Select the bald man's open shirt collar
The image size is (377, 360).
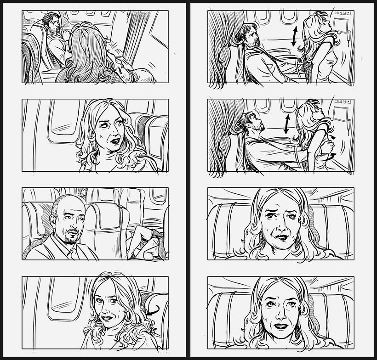tap(69, 251)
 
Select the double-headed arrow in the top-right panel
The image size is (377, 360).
tap(294, 36)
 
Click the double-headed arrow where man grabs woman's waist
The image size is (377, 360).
tap(287, 124)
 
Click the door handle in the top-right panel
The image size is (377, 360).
tap(348, 36)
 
